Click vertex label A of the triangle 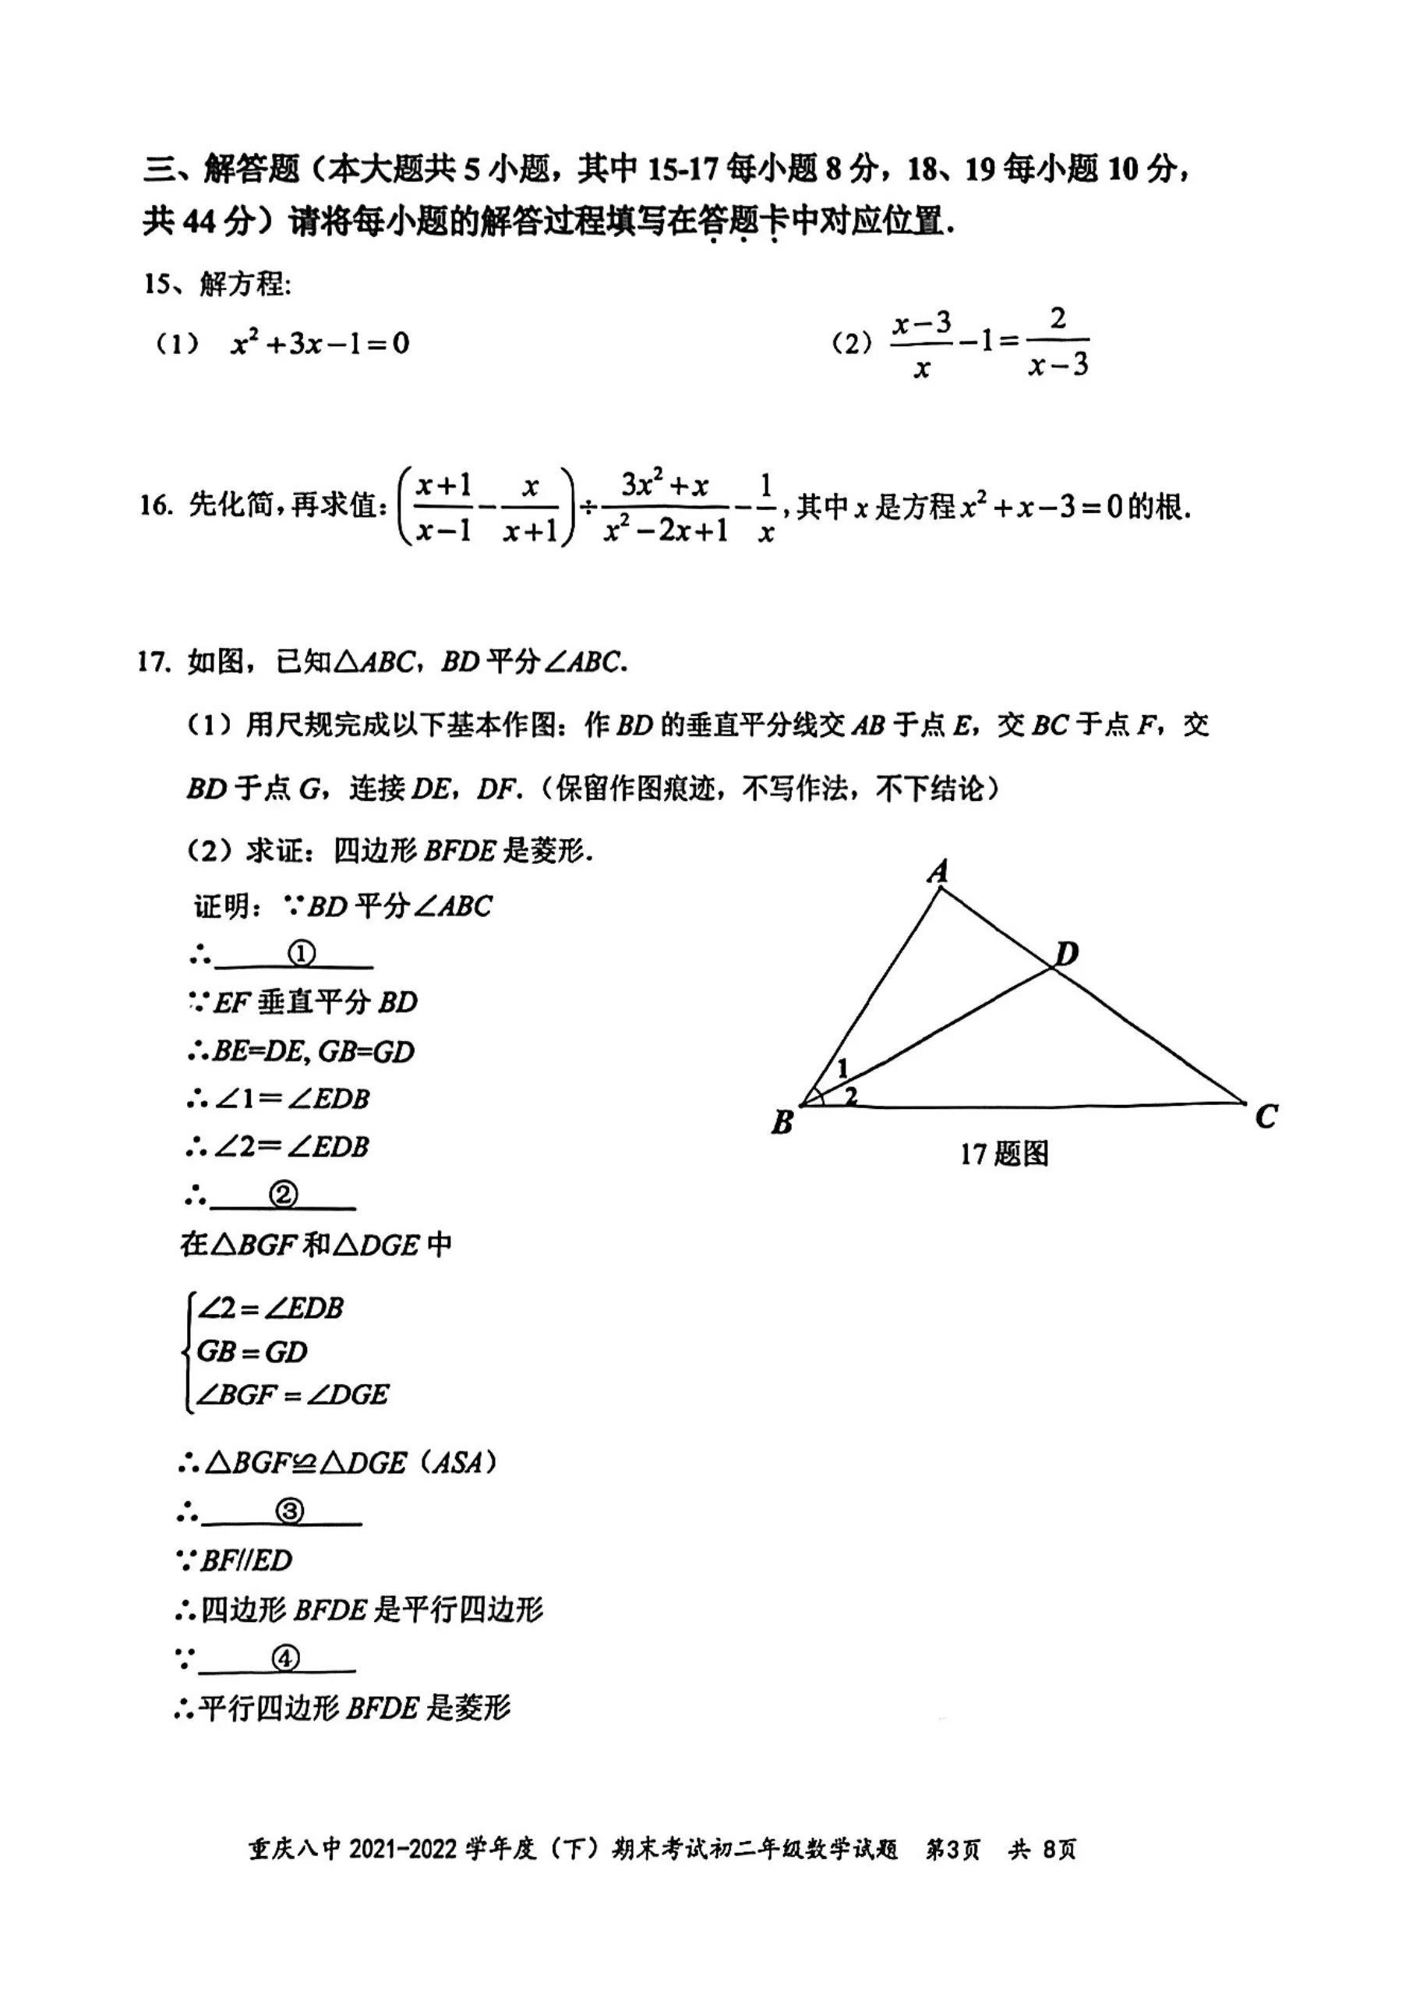pyautogui.click(x=938, y=870)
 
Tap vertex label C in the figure pyautogui.click(x=1266, y=1116)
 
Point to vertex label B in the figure pyautogui.click(x=782, y=1122)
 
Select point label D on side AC pyautogui.click(x=1065, y=954)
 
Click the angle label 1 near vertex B pyautogui.click(x=842, y=1068)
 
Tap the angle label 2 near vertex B pyautogui.click(x=851, y=1095)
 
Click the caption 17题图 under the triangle pyautogui.click(x=1005, y=1154)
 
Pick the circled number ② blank pyautogui.click(x=283, y=1196)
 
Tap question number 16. pyautogui.click(x=157, y=505)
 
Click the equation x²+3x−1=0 pyautogui.click(x=320, y=344)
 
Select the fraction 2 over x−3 pyautogui.click(x=1058, y=342)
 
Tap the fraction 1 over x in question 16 pyautogui.click(x=765, y=508)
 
